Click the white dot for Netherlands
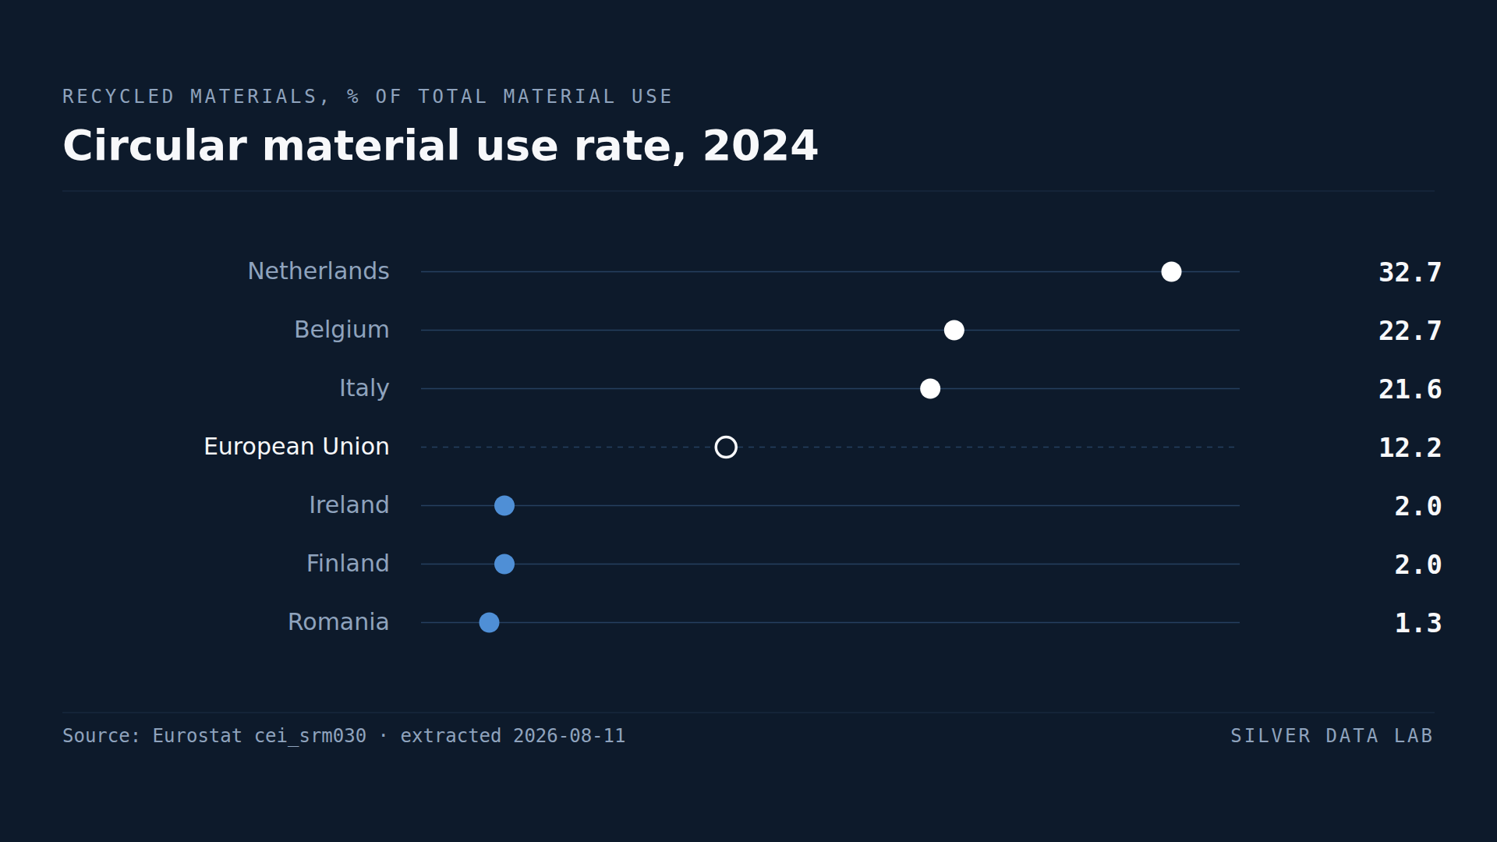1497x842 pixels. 1171,271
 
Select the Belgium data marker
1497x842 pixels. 954,330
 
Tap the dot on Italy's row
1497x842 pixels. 930,388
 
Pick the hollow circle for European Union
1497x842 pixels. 726,437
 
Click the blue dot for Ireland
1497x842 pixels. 504,505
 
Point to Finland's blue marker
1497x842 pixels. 504,564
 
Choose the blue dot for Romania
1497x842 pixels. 489,622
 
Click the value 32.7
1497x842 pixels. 1410,272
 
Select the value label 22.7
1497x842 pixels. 1410,331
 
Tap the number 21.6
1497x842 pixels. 1410,389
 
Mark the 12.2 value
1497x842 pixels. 1410,448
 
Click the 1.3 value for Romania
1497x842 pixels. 1417,623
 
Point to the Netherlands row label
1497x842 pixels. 318,271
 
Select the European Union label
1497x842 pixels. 296,447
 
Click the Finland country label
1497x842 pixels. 348,564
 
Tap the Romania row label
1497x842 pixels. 338,622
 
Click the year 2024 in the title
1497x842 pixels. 760,146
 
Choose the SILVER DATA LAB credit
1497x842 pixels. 1332,736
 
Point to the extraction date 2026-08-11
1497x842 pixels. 569,736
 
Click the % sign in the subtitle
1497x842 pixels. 353,97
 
